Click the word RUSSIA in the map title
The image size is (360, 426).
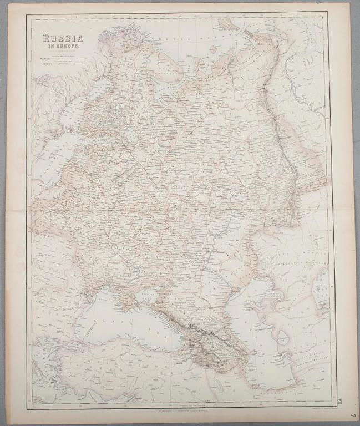(60, 39)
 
